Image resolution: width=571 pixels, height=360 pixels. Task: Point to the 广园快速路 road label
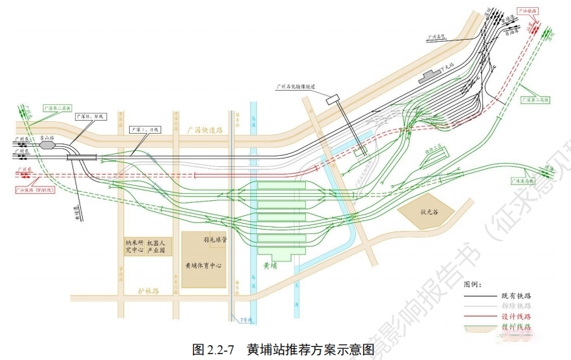tap(205, 130)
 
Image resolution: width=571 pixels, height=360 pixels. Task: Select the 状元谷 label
tap(431, 211)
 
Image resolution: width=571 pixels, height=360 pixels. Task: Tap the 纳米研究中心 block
tap(134, 245)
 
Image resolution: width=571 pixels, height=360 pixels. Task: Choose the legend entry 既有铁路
tap(516, 296)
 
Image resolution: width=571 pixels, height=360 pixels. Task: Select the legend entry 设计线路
tap(516, 316)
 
